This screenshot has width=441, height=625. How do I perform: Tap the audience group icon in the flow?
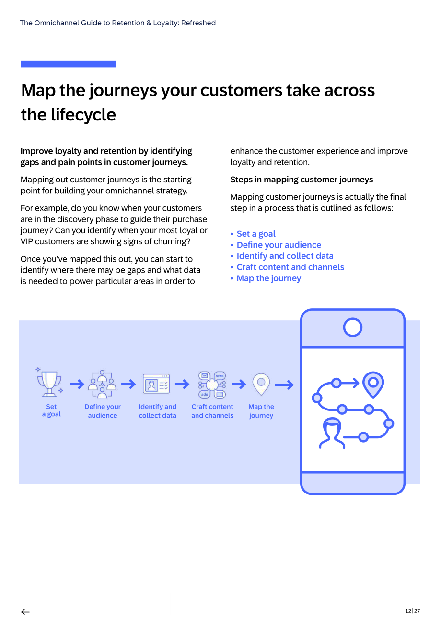(102, 384)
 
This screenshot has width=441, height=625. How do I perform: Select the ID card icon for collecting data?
(156, 384)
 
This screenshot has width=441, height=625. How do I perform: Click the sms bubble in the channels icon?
(220, 375)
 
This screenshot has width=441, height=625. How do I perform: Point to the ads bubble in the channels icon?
(204, 394)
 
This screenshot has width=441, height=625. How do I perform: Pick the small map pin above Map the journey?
(261, 384)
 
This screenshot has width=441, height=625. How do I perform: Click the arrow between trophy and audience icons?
(77, 384)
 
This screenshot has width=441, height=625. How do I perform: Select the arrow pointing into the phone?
(284, 385)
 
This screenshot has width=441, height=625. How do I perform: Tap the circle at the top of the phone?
(352, 327)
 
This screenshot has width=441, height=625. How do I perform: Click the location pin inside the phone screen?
(373, 384)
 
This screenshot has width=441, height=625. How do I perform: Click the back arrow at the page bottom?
(25, 612)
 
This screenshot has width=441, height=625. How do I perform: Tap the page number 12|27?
(412, 611)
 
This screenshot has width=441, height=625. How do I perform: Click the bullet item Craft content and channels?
(290, 267)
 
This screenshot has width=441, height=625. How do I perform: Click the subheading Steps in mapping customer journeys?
(302, 180)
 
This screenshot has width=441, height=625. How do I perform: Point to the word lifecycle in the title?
(83, 115)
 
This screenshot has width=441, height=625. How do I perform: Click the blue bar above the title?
(68, 64)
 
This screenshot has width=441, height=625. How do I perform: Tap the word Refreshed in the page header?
(198, 23)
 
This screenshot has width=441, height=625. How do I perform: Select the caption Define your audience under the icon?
(103, 411)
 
